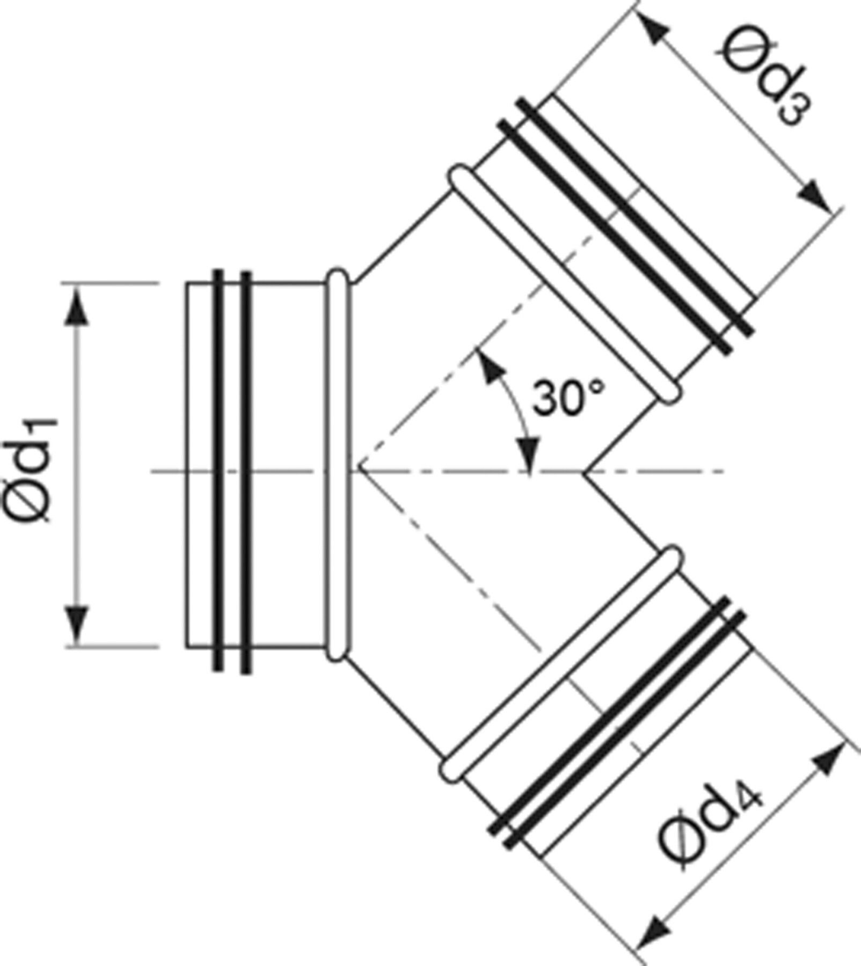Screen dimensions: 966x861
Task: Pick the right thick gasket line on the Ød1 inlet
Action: click(246, 472)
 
